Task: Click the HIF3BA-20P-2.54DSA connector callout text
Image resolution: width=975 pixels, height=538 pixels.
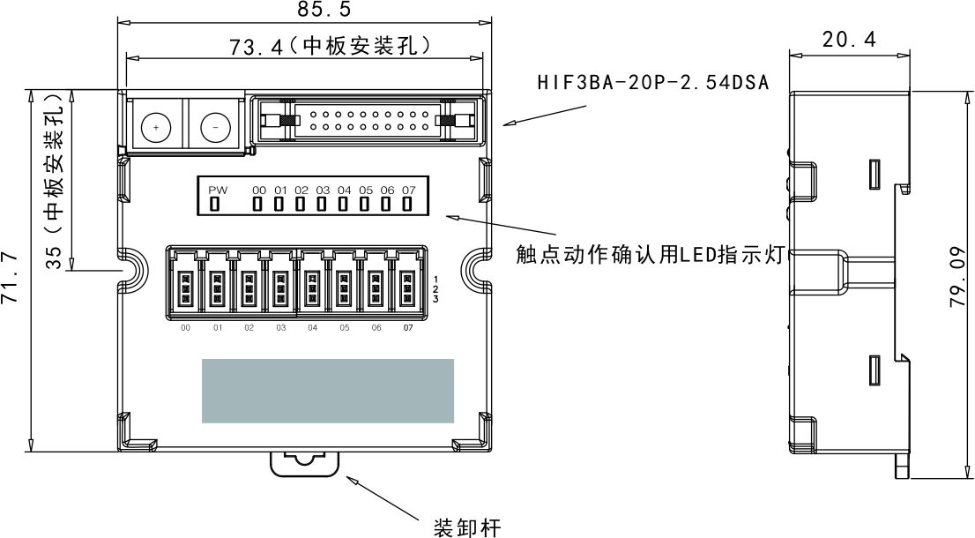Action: coord(653,84)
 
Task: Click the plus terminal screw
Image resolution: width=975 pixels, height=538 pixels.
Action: coord(156,128)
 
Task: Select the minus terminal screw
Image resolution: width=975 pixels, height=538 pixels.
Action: coord(214,128)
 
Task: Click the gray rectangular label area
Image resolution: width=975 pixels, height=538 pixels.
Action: coord(328,390)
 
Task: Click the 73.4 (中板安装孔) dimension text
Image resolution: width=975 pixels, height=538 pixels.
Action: coord(329,47)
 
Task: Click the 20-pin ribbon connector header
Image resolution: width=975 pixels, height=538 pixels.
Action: coord(368,121)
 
